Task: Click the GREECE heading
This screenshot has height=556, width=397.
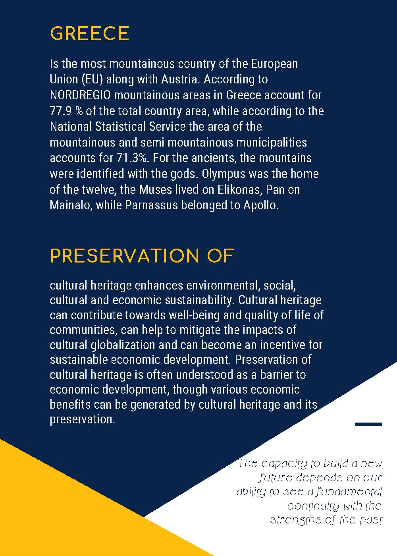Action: point(89,34)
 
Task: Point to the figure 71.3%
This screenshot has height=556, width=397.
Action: point(132,158)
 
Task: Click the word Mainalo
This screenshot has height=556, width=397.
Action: point(71,205)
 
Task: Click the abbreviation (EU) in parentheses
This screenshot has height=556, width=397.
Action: point(93,79)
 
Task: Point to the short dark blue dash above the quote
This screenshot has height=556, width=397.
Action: point(368,424)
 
